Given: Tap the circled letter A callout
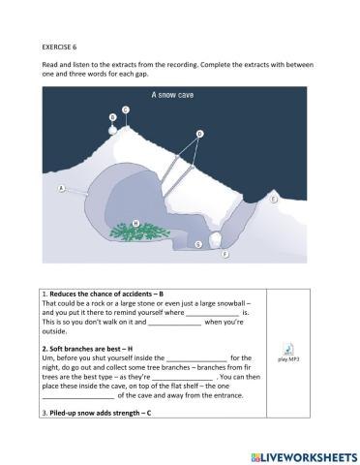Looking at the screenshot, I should point(62,189).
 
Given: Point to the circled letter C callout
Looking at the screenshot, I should point(126,109).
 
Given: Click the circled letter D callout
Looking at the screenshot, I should point(199,134).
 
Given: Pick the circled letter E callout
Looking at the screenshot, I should point(274,199).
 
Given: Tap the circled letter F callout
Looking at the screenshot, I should point(225,254).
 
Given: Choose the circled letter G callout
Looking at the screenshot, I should point(198,244).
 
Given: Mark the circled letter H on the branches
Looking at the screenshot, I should point(135,224).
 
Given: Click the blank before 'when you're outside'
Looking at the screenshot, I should point(174,324).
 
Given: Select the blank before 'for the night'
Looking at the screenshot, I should point(196,359).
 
